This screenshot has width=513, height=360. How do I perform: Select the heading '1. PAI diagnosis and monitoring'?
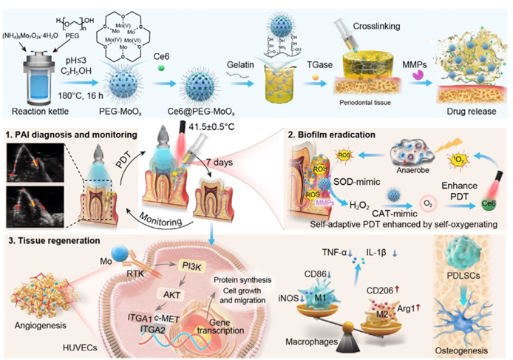point(71,134)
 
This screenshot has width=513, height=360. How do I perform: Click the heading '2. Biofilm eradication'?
point(339,134)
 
